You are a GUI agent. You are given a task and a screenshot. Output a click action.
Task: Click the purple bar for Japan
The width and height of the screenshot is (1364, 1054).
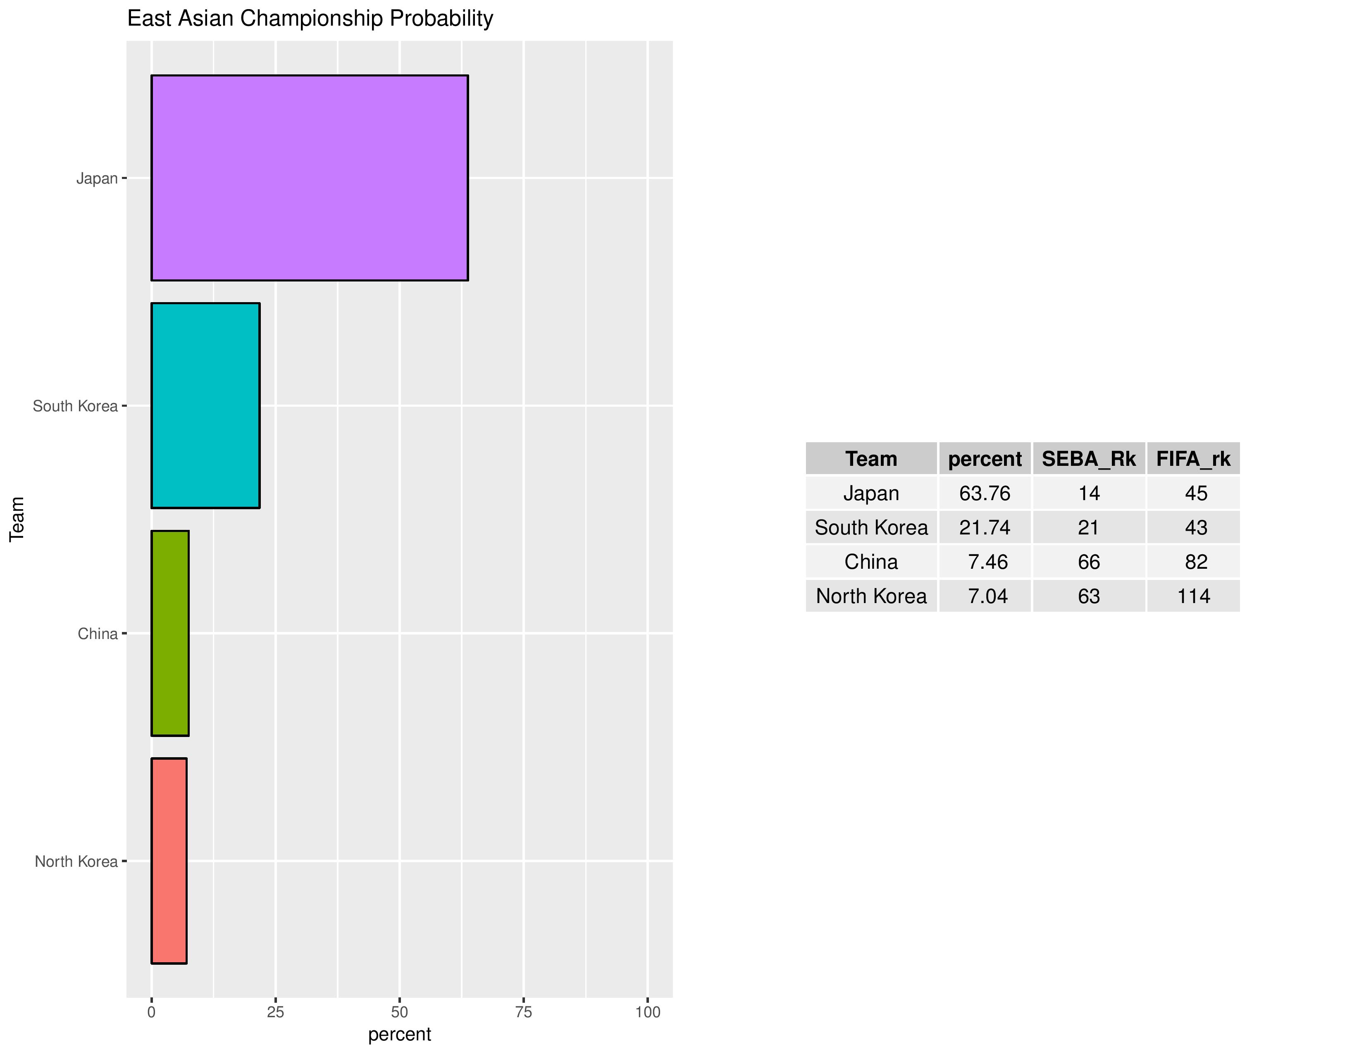309,178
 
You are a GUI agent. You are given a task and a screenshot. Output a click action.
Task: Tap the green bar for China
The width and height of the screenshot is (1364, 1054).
170,633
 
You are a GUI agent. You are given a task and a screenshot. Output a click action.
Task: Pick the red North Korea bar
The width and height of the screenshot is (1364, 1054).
169,861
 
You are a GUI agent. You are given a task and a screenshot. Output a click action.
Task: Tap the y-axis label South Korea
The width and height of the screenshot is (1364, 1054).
75,406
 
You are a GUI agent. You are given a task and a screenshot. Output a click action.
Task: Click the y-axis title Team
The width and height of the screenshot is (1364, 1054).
17,519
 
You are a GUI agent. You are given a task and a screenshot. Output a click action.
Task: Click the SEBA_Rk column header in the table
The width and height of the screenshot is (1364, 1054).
1089,459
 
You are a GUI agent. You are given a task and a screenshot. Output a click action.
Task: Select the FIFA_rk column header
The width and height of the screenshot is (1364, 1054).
1193,459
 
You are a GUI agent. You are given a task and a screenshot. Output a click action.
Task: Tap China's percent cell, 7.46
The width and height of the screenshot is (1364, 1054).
987,562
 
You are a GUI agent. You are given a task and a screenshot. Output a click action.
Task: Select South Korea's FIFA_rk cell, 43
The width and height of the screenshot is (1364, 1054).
1196,528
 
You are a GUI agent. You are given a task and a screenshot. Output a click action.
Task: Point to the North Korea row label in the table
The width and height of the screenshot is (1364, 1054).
871,596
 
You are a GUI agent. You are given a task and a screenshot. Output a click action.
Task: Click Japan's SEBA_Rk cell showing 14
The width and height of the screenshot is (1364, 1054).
1089,493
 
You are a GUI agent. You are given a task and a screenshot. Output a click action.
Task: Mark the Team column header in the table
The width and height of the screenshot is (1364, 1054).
871,459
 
